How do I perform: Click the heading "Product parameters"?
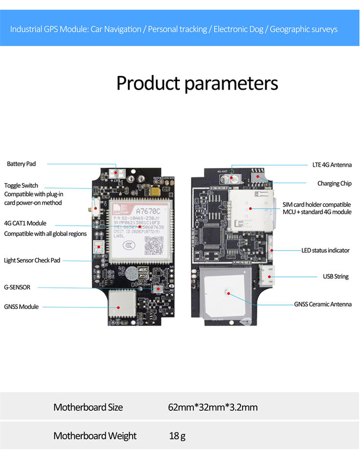click(x=197, y=83)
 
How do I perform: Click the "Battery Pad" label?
click(x=21, y=164)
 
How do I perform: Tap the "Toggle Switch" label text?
click(x=21, y=186)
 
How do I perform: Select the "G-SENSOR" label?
click(x=17, y=287)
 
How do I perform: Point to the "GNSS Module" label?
click(x=21, y=307)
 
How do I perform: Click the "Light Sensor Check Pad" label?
click(x=32, y=260)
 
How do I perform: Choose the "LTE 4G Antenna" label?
click(x=332, y=165)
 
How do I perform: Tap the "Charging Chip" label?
click(x=334, y=184)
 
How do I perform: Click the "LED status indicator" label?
click(x=325, y=251)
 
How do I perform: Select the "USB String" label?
click(x=335, y=277)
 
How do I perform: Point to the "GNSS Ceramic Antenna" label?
click(x=322, y=304)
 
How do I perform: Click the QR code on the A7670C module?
click(x=155, y=244)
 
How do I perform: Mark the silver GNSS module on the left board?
click(x=121, y=305)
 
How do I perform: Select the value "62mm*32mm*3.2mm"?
click(x=212, y=407)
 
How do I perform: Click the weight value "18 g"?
click(x=177, y=436)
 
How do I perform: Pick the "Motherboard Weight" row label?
click(x=95, y=436)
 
